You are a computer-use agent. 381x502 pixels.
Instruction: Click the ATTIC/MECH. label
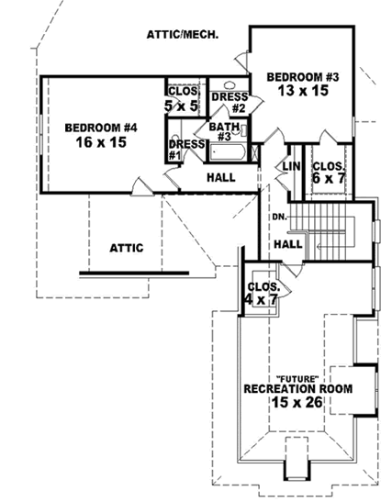(x=182, y=35)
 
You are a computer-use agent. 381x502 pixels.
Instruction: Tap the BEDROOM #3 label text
(x=303, y=77)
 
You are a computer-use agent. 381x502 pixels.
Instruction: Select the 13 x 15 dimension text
(x=303, y=91)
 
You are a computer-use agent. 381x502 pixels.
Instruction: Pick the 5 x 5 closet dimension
(x=182, y=106)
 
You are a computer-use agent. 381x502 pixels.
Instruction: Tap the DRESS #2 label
(x=227, y=102)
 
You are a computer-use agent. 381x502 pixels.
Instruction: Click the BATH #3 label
(x=224, y=132)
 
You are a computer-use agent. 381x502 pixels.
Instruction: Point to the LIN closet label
(x=293, y=166)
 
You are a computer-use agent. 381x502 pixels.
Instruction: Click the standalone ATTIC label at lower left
(x=127, y=247)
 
